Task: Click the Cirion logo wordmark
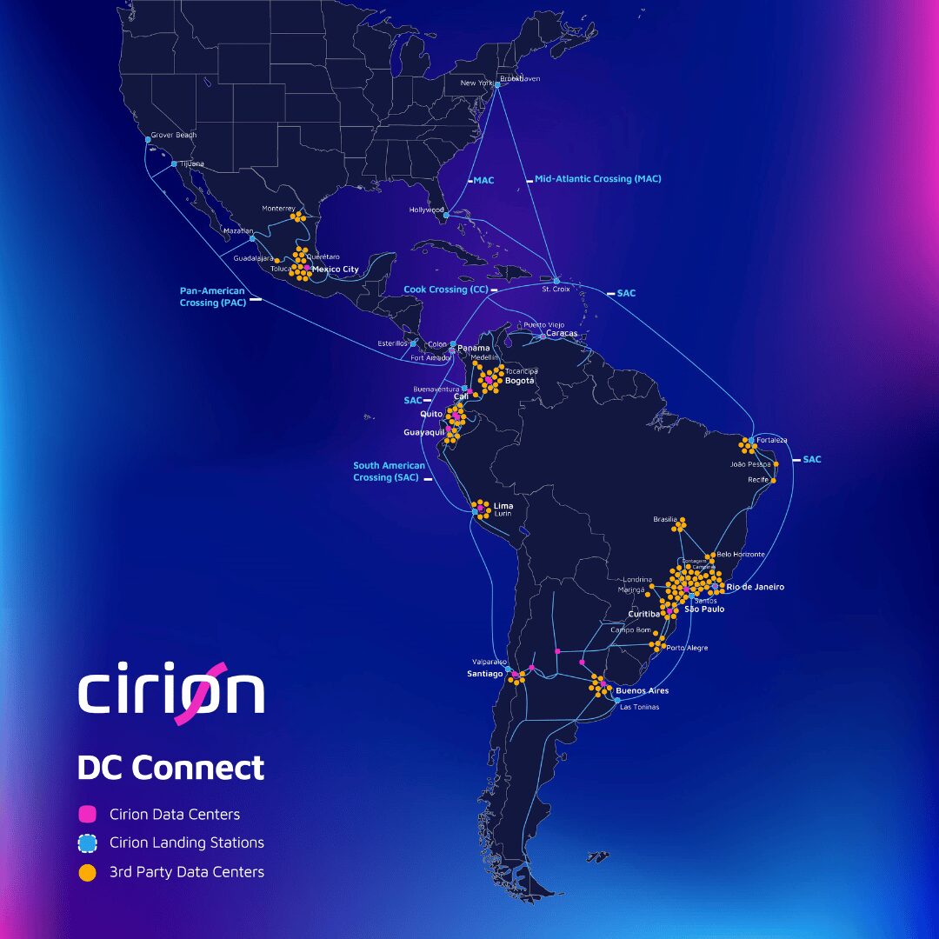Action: tap(171, 693)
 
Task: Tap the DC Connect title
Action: tap(170, 768)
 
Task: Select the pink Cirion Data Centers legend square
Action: tap(87, 815)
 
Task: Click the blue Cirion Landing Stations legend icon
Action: tap(87, 842)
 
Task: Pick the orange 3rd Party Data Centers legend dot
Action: tap(87, 872)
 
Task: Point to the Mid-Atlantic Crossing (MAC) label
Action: tap(597, 179)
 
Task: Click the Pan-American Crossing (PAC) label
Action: tap(212, 296)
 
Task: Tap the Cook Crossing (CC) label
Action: tap(446, 290)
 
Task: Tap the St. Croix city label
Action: tap(556, 289)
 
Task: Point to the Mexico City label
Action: tap(335, 270)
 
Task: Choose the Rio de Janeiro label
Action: tap(755, 587)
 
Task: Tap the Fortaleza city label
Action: tap(771, 440)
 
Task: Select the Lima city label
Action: tap(503, 505)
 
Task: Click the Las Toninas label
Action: tap(639, 707)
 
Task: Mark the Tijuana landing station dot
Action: tap(174, 163)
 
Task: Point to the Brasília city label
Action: tap(665, 519)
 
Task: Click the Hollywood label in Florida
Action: tap(427, 210)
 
